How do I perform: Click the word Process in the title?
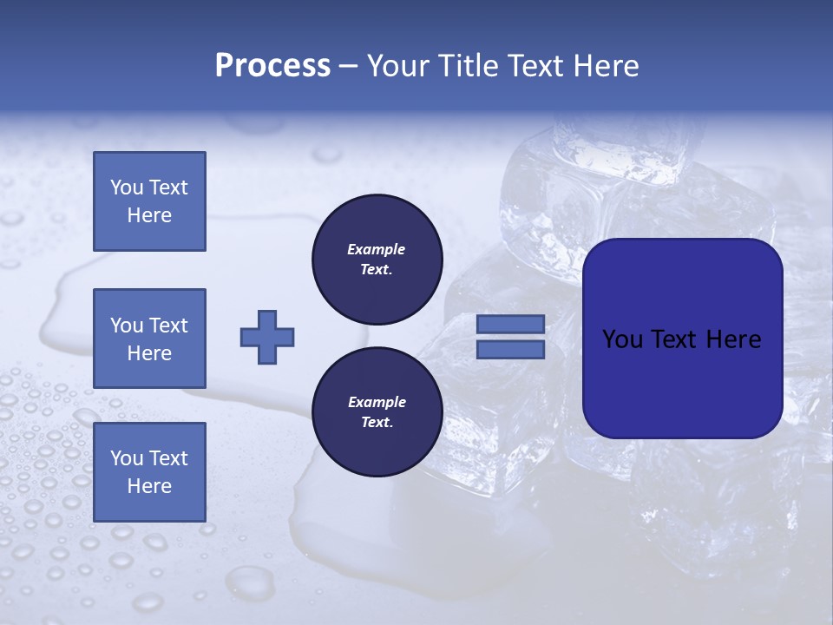click(x=272, y=66)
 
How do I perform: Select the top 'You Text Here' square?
click(x=149, y=201)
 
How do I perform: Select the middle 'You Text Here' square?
click(x=149, y=339)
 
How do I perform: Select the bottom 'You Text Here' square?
click(x=149, y=471)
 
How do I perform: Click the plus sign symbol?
click(x=267, y=337)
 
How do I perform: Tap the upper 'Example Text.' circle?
click(x=377, y=260)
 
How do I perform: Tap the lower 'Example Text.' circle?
click(x=377, y=411)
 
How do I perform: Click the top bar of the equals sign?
click(x=510, y=325)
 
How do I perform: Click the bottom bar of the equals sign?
click(x=510, y=349)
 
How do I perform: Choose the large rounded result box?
click(x=682, y=339)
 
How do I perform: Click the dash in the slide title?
click(x=348, y=66)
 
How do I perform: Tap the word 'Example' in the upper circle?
click(x=377, y=249)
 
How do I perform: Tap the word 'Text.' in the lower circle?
click(x=377, y=423)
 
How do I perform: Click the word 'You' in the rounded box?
click(x=624, y=339)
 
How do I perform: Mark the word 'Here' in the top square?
click(x=149, y=215)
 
